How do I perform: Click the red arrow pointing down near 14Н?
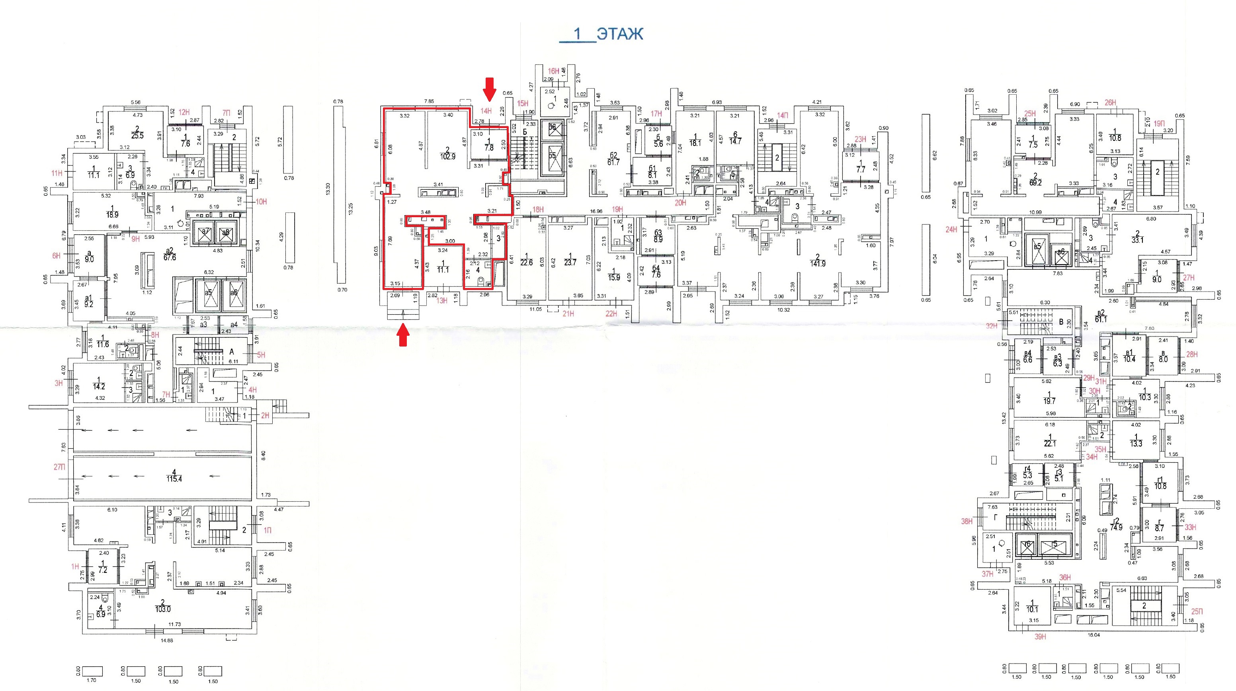[489, 90]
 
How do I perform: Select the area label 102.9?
[448, 156]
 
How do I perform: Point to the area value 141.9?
[818, 263]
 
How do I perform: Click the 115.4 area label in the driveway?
[174, 479]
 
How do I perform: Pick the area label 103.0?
[163, 609]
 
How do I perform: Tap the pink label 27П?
[59, 467]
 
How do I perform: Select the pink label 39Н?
[1040, 637]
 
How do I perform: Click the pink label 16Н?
[553, 71]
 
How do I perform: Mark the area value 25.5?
[137, 136]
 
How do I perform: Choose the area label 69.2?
[1035, 183]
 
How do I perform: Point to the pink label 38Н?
[967, 521]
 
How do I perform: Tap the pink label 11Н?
[57, 173]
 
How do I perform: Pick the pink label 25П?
[1197, 611]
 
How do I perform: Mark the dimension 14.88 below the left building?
[166, 640]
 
